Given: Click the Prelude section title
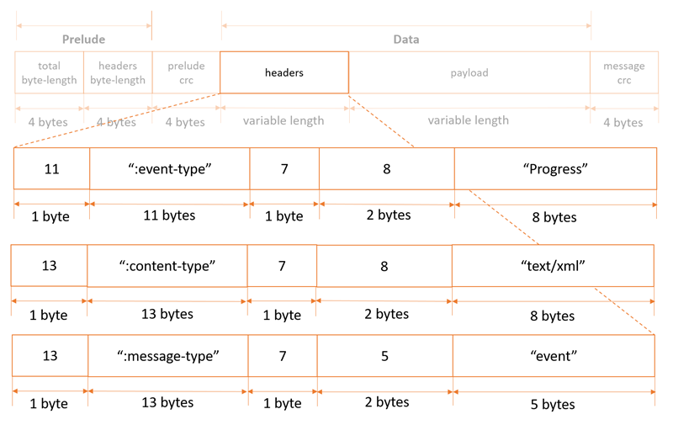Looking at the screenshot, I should [x=83, y=39].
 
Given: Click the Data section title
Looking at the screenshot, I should [x=406, y=39].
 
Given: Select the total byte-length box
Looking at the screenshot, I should [x=49, y=72].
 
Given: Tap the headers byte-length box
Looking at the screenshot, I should [x=118, y=72].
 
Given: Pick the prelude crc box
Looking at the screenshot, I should [x=186, y=72].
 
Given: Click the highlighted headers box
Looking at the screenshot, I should [x=284, y=72].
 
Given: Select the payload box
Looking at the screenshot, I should [x=469, y=72].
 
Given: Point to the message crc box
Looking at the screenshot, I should [x=623, y=72].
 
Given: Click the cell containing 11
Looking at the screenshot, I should [x=51, y=168].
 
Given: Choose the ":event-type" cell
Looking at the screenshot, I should [x=169, y=168].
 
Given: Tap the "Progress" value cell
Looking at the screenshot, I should [x=554, y=168].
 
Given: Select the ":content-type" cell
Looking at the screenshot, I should [x=167, y=266].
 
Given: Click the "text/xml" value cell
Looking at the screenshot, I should [x=553, y=266].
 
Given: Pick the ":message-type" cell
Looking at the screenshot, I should [x=167, y=355].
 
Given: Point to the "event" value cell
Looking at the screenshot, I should [x=553, y=355].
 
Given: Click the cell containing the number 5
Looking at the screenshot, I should [x=384, y=355].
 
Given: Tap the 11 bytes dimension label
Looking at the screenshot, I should [x=169, y=215].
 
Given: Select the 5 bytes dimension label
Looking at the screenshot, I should [x=553, y=404].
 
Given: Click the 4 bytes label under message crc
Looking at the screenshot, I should [x=623, y=122].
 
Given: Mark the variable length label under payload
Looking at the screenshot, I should [x=469, y=120].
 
